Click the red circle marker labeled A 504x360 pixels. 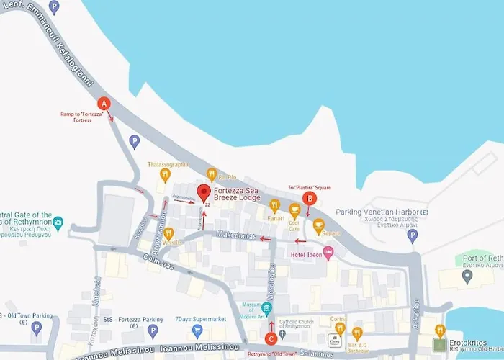pos(104,103)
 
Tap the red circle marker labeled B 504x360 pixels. pos(310,198)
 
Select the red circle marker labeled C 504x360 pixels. pos(271,338)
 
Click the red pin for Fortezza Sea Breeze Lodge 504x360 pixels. pos(204,193)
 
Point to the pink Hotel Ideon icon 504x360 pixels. pos(328,251)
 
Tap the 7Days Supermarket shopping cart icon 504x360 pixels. pos(198,330)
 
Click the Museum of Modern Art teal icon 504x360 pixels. pos(267,310)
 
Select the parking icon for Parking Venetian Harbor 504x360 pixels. pos(413,235)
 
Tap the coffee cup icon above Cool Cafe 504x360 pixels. pos(294,209)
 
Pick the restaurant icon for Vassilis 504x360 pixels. pos(168,233)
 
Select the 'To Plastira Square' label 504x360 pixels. pos(310,187)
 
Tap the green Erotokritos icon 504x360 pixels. pos(439,330)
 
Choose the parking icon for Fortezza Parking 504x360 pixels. pos(152,330)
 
